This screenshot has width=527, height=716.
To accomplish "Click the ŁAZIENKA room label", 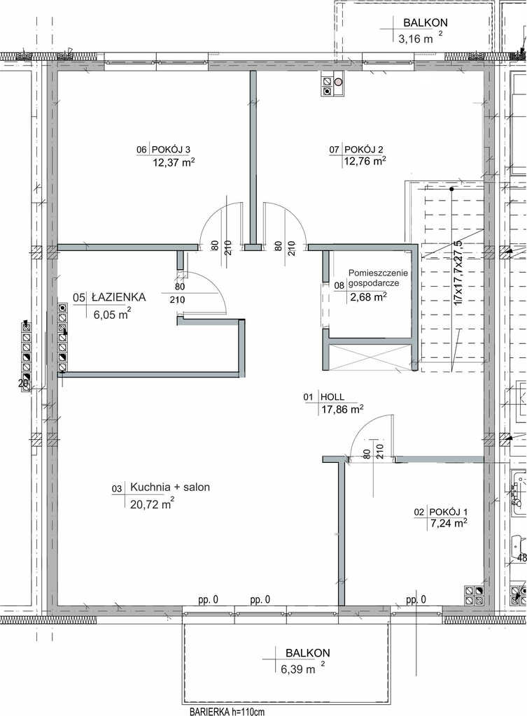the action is [x=118, y=297].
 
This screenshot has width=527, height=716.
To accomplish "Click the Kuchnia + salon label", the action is [x=170, y=487].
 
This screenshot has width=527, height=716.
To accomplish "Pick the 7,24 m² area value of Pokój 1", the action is [x=447, y=523].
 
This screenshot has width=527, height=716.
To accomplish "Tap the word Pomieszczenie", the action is [x=378, y=273].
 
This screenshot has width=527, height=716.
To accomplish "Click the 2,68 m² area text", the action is [x=368, y=297].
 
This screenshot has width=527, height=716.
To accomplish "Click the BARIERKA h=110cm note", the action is [x=227, y=711].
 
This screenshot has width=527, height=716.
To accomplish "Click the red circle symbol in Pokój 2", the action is [x=338, y=83].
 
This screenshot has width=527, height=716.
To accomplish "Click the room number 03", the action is [x=117, y=489].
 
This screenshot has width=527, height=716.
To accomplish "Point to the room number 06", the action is [x=141, y=150].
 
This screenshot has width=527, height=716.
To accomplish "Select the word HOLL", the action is [x=332, y=397].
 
